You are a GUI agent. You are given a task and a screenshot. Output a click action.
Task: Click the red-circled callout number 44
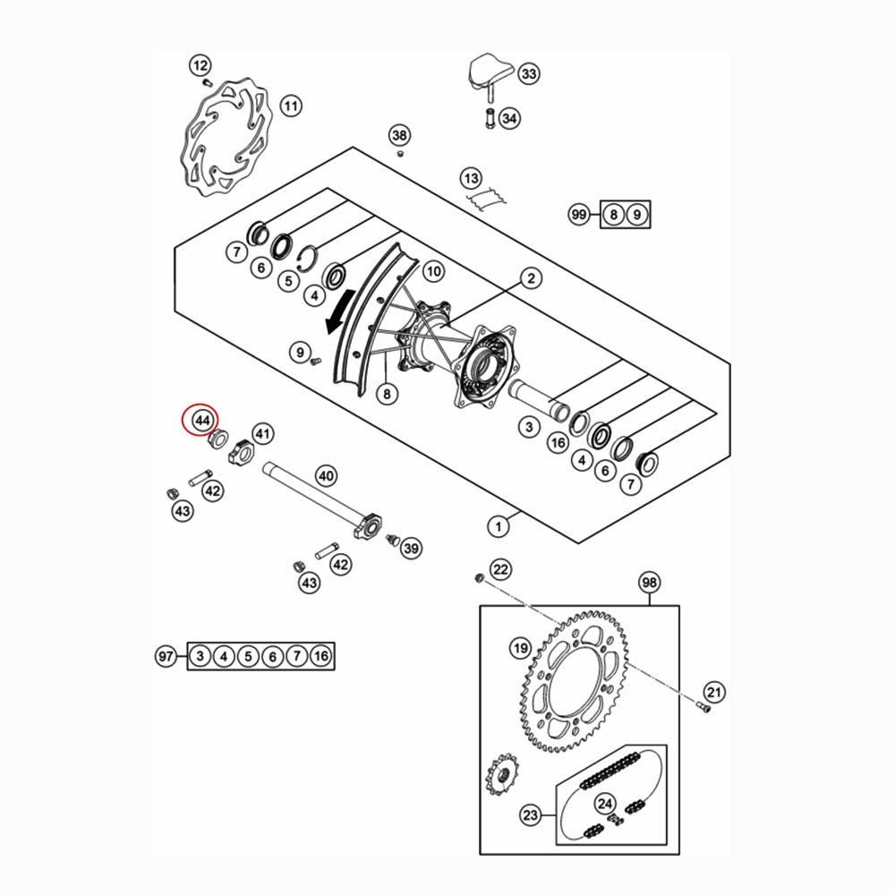(x=202, y=419)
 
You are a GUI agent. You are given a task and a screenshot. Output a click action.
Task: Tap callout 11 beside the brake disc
(x=290, y=106)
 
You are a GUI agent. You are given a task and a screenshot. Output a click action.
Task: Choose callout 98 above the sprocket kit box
(x=649, y=583)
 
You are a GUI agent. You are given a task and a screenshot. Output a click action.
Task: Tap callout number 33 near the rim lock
(x=528, y=73)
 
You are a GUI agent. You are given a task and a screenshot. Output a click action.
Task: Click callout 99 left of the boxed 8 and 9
(x=579, y=215)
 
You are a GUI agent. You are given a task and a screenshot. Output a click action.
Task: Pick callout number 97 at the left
(x=165, y=656)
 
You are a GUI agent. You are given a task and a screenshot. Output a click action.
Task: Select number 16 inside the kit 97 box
(x=321, y=657)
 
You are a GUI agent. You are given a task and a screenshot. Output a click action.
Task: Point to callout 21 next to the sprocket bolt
(x=714, y=691)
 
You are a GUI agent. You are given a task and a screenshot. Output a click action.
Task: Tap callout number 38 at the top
(x=399, y=136)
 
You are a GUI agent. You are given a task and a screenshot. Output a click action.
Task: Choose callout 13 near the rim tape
(x=472, y=177)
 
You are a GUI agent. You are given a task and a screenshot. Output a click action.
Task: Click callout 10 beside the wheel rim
(x=433, y=270)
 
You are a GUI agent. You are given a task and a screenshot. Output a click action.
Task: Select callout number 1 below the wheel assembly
(x=498, y=525)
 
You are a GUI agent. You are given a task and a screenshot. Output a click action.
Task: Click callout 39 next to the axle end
(x=411, y=548)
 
